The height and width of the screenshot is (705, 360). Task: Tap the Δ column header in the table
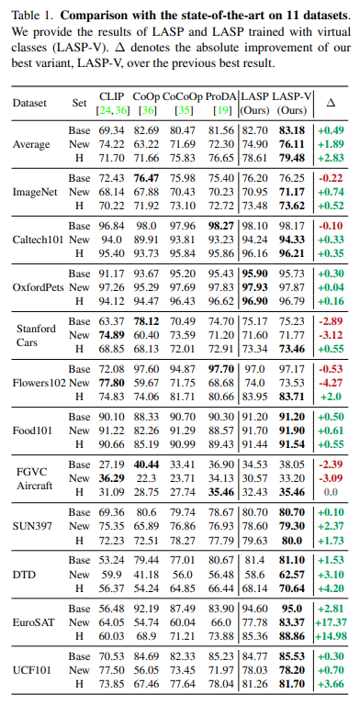(331, 102)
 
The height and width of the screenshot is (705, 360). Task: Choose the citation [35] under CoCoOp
(183, 109)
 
